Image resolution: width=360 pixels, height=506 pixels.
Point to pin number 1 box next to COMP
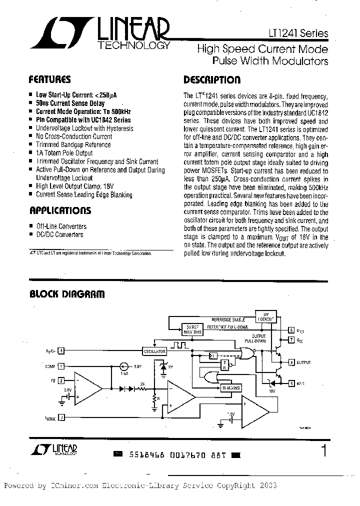[x=61, y=366]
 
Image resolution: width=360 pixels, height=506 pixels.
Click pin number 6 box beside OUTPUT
[x=291, y=361]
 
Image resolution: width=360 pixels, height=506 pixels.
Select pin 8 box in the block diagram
[x=291, y=330]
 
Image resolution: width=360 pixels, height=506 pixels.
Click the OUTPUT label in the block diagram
[x=303, y=361]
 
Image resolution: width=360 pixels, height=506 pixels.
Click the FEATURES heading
[x=49, y=79]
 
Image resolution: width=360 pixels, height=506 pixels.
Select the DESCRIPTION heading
[x=212, y=79]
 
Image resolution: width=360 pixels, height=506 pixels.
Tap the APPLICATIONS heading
[x=60, y=210]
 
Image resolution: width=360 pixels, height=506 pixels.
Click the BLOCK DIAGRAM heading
[x=66, y=294]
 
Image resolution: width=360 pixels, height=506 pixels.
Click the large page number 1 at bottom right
[x=324, y=450]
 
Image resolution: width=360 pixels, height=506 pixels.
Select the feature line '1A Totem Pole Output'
[x=64, y=152]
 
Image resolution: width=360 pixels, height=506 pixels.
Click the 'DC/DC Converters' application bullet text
[x=59, y=234]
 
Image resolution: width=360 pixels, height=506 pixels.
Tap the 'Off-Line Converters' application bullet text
[x=61, y=226]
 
